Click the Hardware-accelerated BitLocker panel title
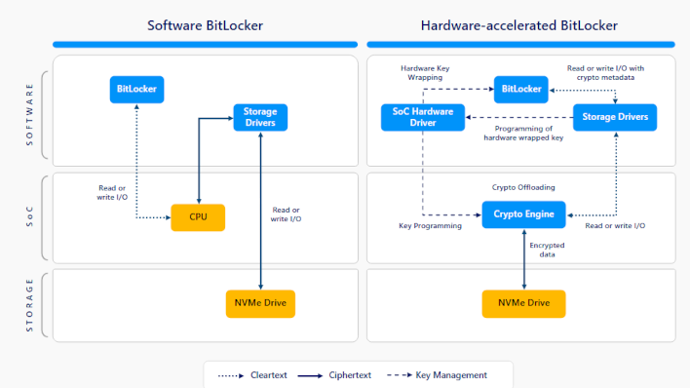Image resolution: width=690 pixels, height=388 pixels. tap(519, 25)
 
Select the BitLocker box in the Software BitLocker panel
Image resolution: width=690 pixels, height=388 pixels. tap(136, 90)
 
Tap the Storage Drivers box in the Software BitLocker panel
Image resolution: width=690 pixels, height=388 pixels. tap(260, 117)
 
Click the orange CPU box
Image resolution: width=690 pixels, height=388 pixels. tap(198, 217)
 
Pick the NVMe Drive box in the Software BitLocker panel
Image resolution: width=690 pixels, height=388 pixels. tap(260, 303)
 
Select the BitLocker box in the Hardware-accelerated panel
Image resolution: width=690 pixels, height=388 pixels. tap(520, 90)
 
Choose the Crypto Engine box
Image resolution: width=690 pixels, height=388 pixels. tap(524, 214)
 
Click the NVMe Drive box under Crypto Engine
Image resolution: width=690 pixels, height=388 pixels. tap(524, 303)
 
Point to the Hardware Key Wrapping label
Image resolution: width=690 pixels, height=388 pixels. tap(425, 72)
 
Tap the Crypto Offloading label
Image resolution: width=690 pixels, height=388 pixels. tap(524, 186)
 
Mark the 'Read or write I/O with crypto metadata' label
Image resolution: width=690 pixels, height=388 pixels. tap(605, 72)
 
